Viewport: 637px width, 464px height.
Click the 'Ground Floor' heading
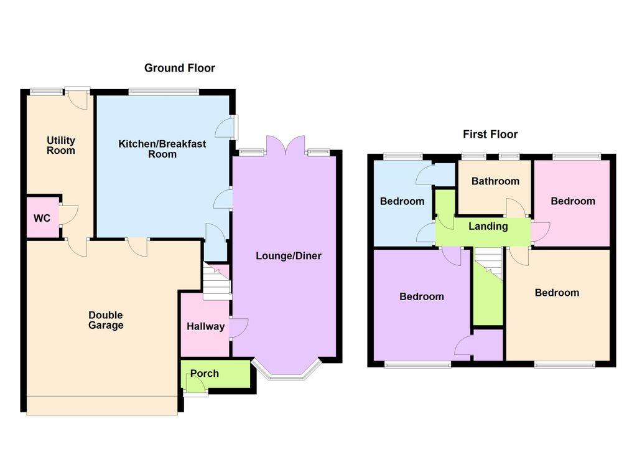click(180, 68)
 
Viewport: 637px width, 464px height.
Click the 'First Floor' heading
click(490, 134)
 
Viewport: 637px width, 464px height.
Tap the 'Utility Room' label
click(61, 146)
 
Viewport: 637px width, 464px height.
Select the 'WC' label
click(42, 218)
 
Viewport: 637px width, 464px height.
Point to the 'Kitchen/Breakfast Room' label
click(162, 149)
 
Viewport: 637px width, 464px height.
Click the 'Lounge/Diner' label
click(288, 256)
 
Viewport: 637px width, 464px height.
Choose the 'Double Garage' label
click(106, 320)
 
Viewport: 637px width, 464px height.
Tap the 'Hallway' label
click(205, 326)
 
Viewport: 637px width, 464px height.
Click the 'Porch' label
click(205, 374)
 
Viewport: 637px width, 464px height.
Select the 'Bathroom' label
click(495, 182)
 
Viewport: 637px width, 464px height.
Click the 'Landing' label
click(488, 226)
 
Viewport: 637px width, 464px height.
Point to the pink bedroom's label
click(573, 201)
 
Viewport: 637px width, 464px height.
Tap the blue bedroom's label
click(402, 201)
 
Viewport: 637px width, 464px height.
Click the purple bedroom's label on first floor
click(422, 296)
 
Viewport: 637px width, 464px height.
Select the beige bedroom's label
click(557, 293)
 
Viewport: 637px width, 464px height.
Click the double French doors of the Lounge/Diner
click(286, 146)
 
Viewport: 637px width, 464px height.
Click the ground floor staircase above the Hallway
click(216, 281)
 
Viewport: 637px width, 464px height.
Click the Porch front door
click(197, 387)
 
